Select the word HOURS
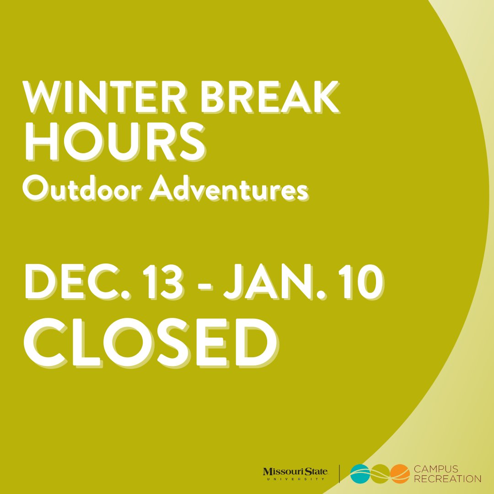(x=114, y=143)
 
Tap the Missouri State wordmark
(x=295, y=472)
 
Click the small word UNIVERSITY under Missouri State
(x=295, y=479)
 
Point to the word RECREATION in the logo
(x=447, y=479)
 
